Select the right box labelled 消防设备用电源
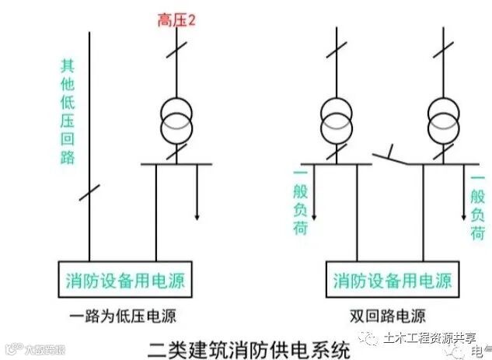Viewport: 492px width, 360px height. coord(393,279)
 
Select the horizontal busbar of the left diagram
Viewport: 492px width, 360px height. coord(176,164)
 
